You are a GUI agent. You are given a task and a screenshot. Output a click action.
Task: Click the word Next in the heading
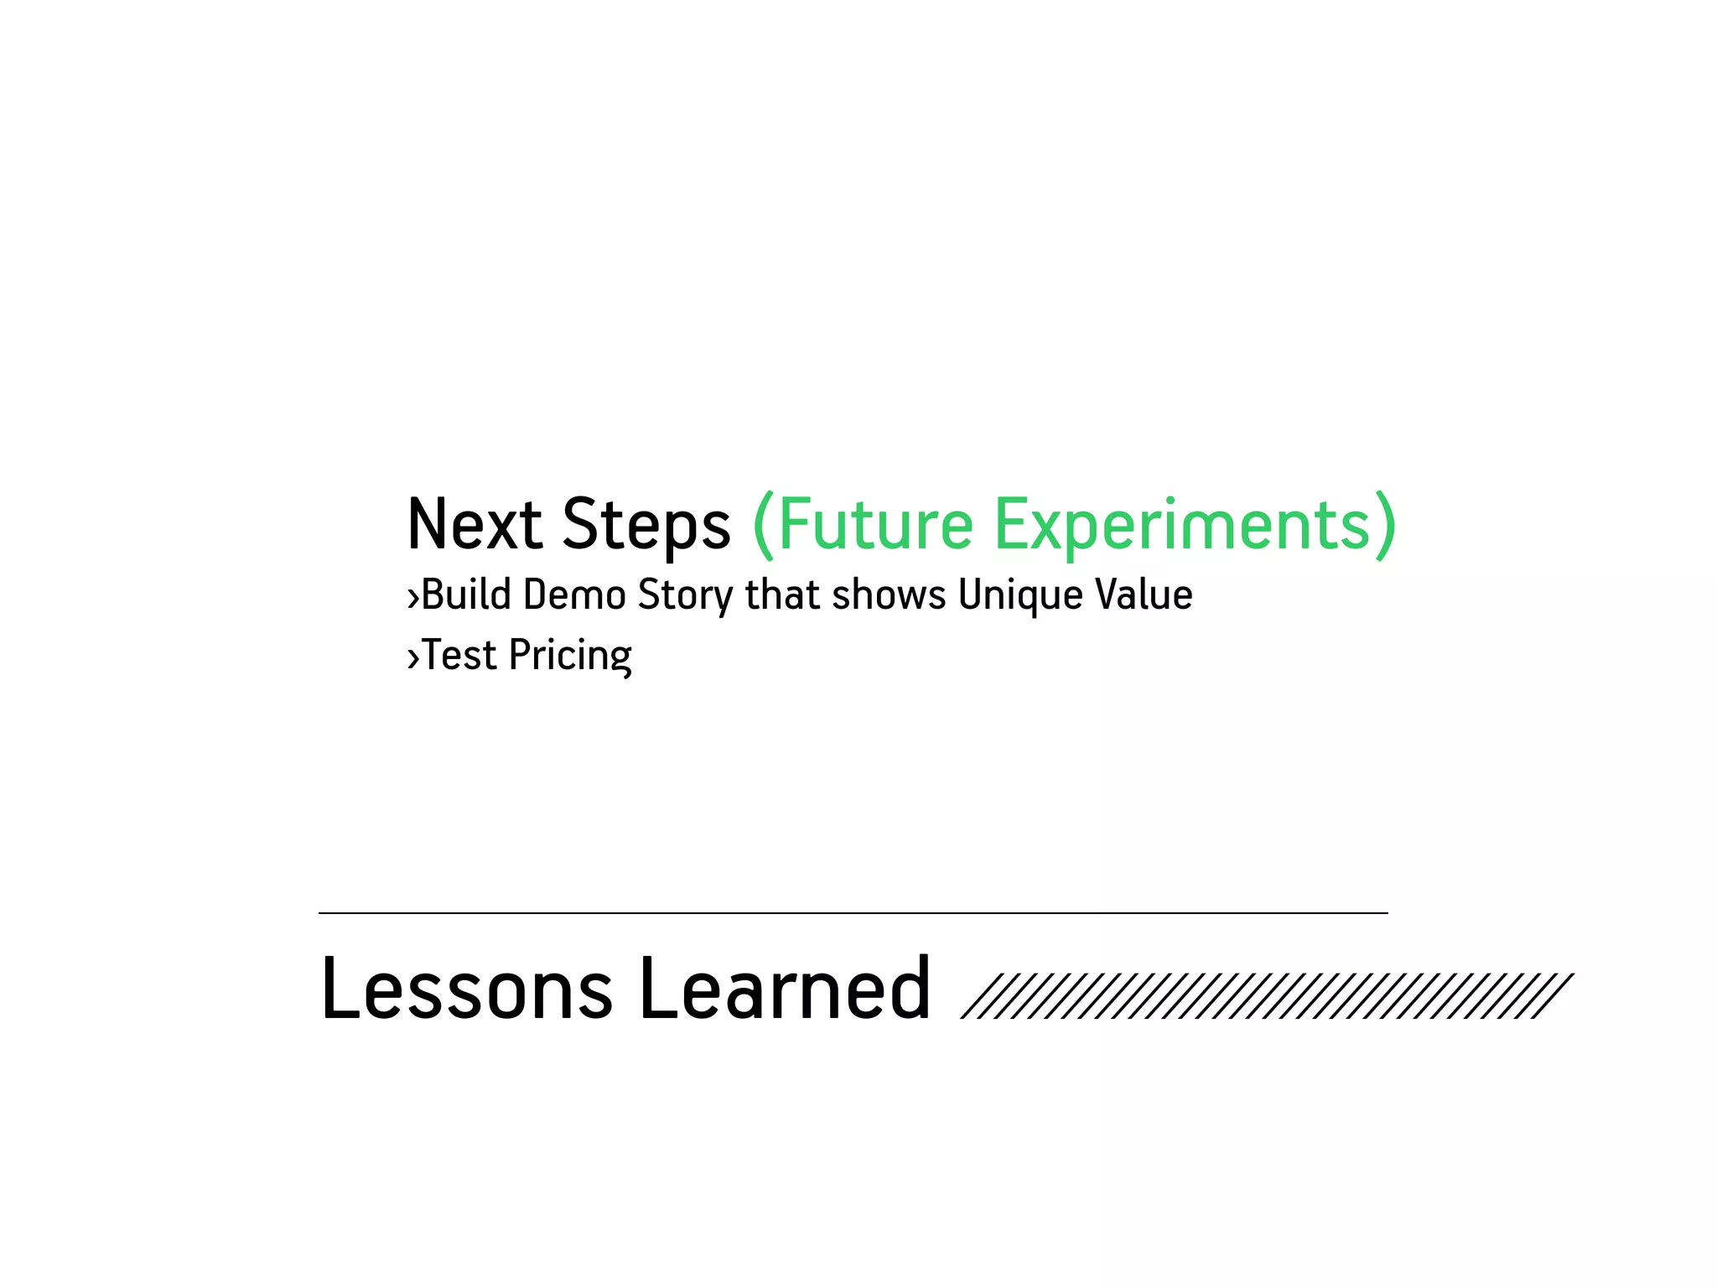pos(475,525)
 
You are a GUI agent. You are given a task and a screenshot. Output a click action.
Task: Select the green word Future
pos(875,525)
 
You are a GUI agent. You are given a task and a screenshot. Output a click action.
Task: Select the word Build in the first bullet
pos(466,595)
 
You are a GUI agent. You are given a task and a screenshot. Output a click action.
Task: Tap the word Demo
pos(574,595)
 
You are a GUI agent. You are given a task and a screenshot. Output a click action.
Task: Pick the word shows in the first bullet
pos(889,595)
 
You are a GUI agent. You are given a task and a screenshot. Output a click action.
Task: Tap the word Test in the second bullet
pos(459,655)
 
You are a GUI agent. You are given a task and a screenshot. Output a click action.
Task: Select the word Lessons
pos(466,989)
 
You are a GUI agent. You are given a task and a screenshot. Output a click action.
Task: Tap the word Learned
pos(785,989)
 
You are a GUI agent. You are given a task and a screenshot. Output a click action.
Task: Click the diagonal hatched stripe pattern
pos(1266,995)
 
